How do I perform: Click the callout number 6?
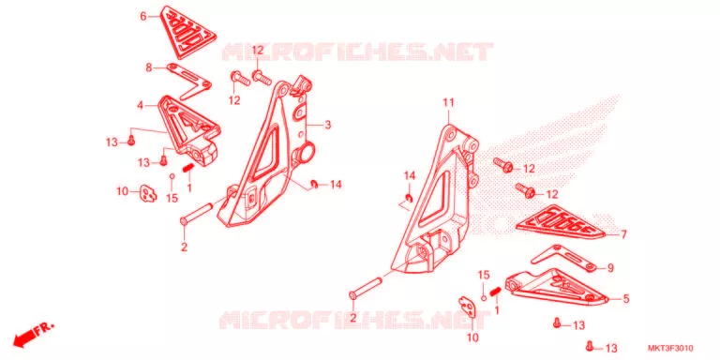coord(143,17)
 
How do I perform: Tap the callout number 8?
coord(149,67)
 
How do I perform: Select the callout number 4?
coord(140,106)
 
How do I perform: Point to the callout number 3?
coord(327,125)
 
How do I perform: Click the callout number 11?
coord(448,103)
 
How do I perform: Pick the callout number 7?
coord(623,234)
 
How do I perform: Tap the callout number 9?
coord(610,268)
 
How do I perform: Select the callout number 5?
coord(626,299)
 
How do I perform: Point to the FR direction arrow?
coord(33,333)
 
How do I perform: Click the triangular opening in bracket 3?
coord(264,154)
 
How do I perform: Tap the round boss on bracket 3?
coord(307,151)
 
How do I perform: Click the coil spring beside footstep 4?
coord(187,169)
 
